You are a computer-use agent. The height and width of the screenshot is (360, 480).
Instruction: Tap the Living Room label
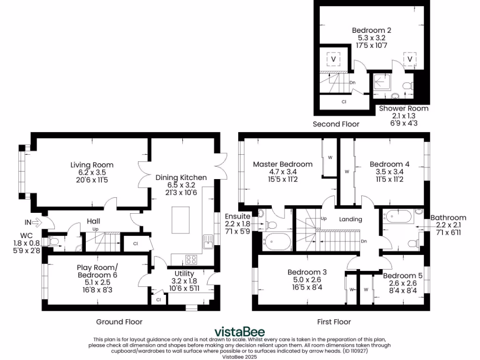click(92, 165)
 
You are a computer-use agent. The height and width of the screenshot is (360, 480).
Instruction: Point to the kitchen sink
click(208, 242)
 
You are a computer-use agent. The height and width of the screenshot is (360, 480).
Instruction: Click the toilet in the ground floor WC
click(53, 242)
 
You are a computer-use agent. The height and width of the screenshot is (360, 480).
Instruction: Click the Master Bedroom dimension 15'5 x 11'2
click(283, 179)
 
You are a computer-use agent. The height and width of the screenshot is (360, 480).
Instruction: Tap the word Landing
click(351, 219)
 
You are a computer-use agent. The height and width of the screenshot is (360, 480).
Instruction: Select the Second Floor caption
click(336, 124)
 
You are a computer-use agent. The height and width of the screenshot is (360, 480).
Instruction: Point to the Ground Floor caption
click(119, 322)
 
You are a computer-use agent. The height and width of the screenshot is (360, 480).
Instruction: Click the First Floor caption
click(334, 322)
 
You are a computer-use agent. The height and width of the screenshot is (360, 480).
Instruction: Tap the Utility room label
click(184, 274)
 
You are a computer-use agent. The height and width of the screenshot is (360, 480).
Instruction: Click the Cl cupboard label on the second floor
click(344, 101)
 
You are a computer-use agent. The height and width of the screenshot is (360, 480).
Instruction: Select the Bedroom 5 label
click(403, 276)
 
